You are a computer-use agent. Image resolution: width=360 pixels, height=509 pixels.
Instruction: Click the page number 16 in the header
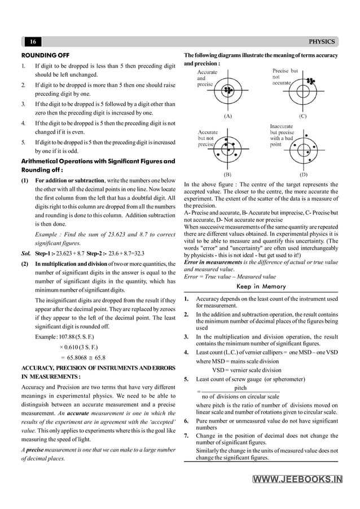point(33,42)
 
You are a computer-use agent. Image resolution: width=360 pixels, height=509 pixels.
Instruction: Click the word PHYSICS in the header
point(323,42)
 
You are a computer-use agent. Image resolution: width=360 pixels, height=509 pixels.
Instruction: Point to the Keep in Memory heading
point(261,287)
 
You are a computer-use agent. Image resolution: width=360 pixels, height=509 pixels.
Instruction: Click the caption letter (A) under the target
point(228,116)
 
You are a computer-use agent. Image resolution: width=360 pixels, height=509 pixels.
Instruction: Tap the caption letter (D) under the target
point(303,174)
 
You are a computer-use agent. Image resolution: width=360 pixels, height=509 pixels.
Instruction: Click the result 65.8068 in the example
point(80,357)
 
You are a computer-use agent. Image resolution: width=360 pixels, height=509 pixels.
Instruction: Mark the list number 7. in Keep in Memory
point(187,436)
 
